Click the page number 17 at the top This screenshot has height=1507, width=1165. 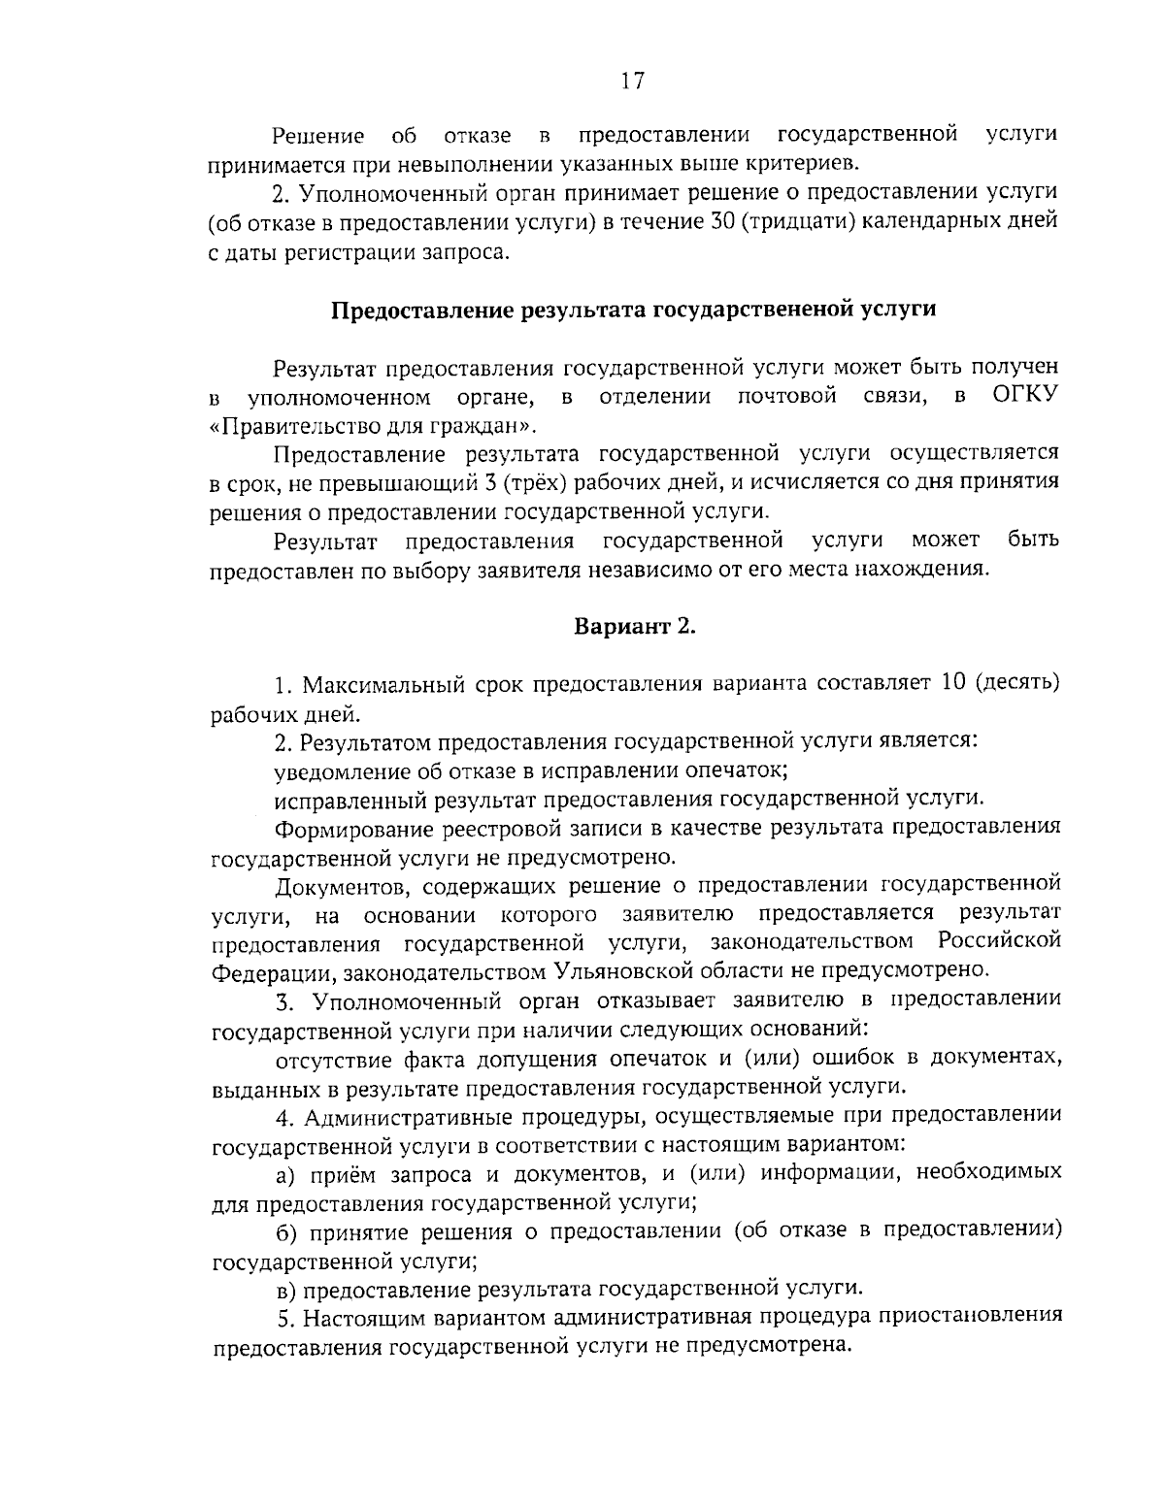632,81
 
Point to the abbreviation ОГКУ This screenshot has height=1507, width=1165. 1025,396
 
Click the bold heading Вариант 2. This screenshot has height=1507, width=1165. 635,626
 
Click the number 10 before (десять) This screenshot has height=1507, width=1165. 954,684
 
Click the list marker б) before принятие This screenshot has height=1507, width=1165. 285,1231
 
